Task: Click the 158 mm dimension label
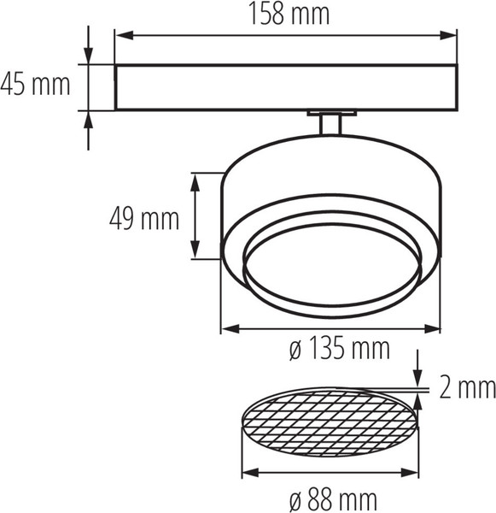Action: pos(289,14)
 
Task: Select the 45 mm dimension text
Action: pos(35,85)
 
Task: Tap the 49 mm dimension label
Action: pos(144,219)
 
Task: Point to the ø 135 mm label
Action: pos(340,349)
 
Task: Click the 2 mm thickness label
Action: pos(467,387)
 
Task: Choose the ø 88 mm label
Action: pos(333,500)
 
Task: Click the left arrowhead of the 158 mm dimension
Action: pos(125,35)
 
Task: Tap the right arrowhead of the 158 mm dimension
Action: pos(447,35)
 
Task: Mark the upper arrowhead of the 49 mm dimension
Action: pos(195,182)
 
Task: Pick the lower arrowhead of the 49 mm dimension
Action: pos(195,250)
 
